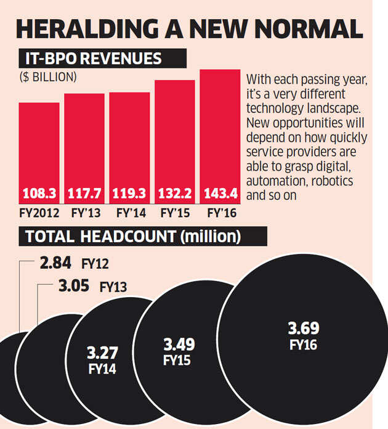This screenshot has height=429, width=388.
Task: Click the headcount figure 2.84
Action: tap(55, 264)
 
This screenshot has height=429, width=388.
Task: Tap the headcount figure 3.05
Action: tap(73, 286)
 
